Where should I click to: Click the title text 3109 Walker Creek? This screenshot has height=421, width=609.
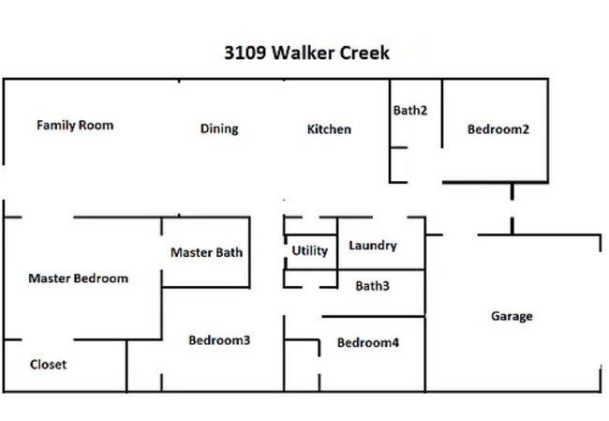point(306,53)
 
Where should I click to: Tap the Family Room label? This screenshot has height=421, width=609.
point(75,125)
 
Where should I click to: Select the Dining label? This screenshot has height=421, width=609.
point(219,128)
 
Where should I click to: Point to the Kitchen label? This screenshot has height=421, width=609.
point(329,128)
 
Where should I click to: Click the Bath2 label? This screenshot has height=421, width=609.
point(410,110)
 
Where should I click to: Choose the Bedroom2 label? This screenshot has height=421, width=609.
point(498,129)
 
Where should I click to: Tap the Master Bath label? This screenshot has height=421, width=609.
point(206,252)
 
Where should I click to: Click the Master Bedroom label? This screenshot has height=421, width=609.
point(78,278)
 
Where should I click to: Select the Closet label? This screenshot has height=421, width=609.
point(48,365)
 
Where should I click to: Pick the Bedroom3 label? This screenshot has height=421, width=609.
point(219,340)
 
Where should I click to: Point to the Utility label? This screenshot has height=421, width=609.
point(310,250)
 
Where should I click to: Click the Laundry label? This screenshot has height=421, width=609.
point(373,246)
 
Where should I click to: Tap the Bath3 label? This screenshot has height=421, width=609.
point(372,286)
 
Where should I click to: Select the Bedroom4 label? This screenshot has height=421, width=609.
point(368,343)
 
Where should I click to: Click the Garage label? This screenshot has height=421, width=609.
point(512,316)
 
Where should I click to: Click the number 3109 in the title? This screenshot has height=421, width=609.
point(245,53)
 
